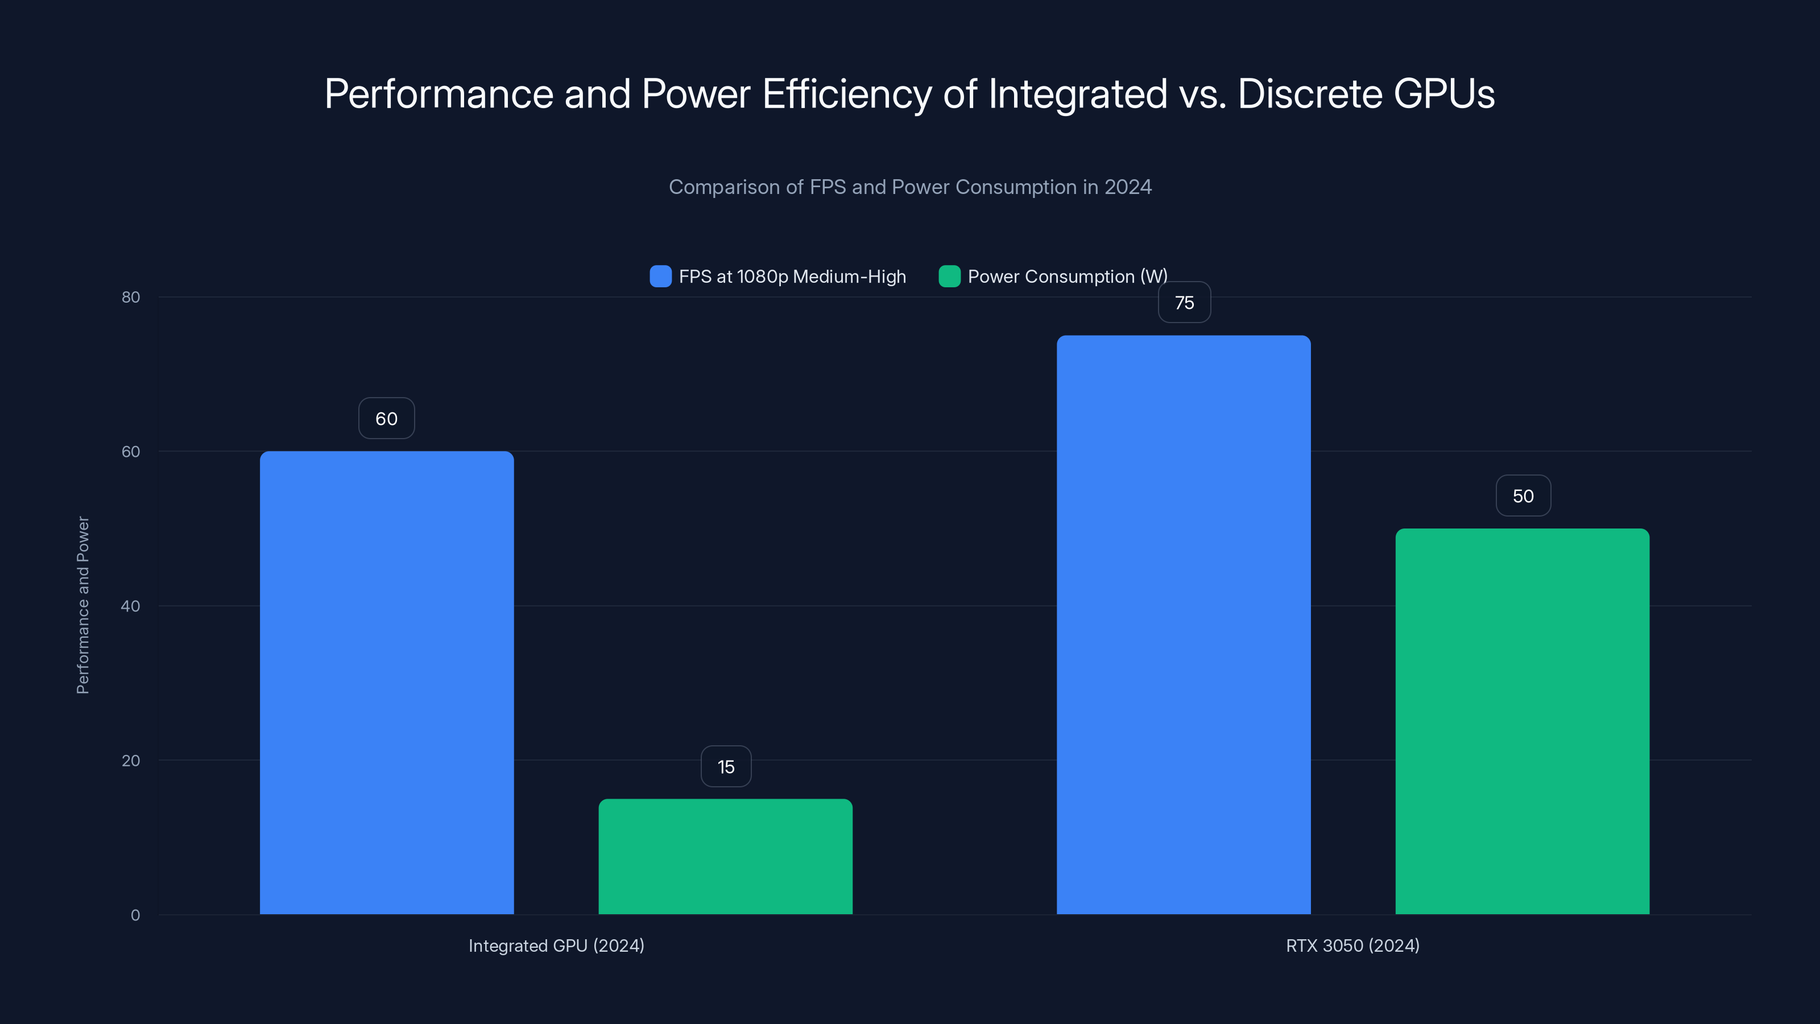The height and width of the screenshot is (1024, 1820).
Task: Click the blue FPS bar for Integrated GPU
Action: pyautogui.click(x=387, y=682)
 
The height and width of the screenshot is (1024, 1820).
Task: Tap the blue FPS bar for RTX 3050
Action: pyautogui.click(x=1184, y=625)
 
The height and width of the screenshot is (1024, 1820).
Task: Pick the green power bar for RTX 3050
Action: pyautogui.click(x=1522, y=721)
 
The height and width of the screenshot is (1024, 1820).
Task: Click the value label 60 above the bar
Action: pyautogui.click(x=387, y=418)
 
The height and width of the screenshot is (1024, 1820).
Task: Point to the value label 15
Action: pyautogui.click(x=726, y=767)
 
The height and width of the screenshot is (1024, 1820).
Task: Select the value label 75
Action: pyautogui.click(x=1184, y=303)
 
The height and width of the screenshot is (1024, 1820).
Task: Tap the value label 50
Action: pyautogui.click(x=1523, y=496)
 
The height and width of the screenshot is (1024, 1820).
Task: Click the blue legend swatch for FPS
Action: pyautogui.click(x=660, y=276)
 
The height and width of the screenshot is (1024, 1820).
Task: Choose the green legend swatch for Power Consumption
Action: pyautogui.click(x=949, y=276)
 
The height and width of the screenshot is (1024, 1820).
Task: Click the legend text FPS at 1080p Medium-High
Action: pyautogui.click(x=792, y=276)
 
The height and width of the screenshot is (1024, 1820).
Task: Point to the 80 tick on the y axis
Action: pyautogui.click(x=131, y=297)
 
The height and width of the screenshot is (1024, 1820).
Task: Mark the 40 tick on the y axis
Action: pyautogui.click(x=131, y=606)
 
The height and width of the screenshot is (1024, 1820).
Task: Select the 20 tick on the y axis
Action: pyautogui.click(x=131, y=761)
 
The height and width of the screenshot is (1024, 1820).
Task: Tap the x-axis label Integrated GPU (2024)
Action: pyautogui.click(x=556, y=945)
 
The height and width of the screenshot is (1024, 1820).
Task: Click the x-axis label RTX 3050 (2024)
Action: pyautogui.click(x=1352, y=945)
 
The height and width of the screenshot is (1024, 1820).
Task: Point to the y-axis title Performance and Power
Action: pyautogui.click(x=82, y=605)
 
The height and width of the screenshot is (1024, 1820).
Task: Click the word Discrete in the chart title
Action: pyautogui.click(x=1309, y=94)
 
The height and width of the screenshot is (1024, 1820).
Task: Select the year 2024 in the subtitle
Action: pyautogui.click(x=1128, y=187)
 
